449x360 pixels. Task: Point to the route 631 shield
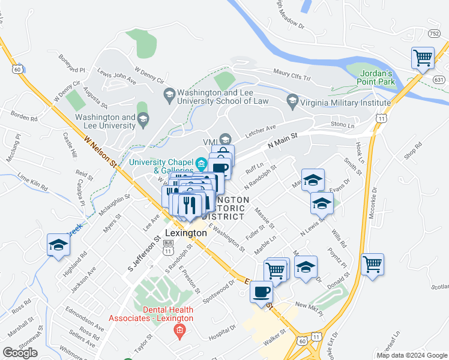439,79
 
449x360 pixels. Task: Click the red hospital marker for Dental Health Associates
178,331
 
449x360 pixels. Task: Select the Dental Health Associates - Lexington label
168,314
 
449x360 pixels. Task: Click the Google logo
20,353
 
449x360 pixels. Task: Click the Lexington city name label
185,233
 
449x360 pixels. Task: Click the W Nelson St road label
99,152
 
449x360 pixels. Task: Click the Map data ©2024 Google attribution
412,355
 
